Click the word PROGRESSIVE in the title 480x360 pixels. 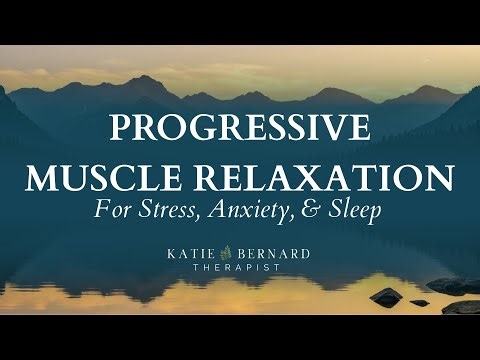click(240, 131)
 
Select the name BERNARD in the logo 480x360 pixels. click(276, 254)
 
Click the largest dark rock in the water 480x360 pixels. click(386, 296)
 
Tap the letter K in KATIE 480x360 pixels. click(181, 254)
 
